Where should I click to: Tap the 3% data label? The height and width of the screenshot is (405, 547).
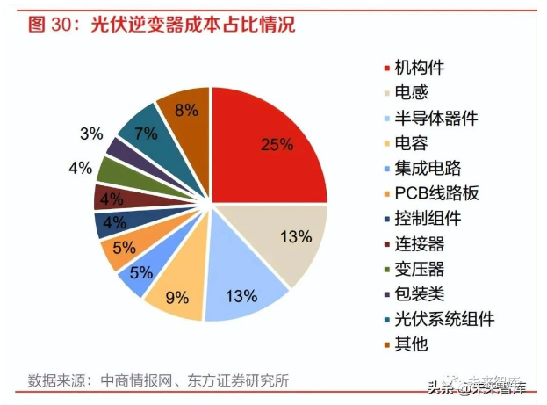click(x=91, y=134)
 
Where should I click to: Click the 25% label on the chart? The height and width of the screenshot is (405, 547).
click(x=277, y=144)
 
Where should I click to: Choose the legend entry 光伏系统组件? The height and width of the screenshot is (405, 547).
click(x=444, y=318)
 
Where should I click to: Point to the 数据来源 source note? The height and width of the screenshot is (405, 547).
click(x=158, y=380)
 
